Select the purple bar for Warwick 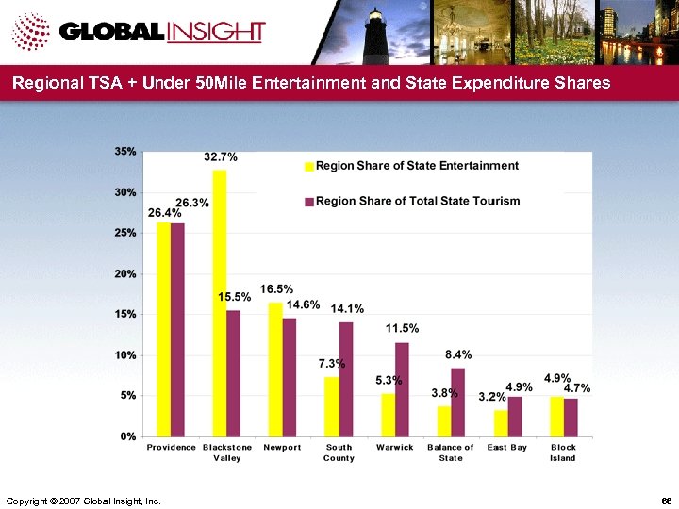[x=402, y=389]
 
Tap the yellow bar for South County [x=332, y=406]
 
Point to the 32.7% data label [x=220, y=156]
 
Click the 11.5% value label [x=402, y=328]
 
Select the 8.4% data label [x=458, y=354]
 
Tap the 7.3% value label [x=331, y=364]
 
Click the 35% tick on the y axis [x=124, y=151]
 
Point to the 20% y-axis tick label [x=124, y=273]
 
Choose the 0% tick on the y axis [x=127, y=436]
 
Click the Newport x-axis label [x=282, y=447]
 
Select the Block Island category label [x=563, y=452]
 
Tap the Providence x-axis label [x=171, y=447]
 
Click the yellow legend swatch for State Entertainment [x=308, y=167]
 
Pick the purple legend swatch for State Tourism [x=308, y=201]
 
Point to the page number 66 [x=666, y=498]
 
